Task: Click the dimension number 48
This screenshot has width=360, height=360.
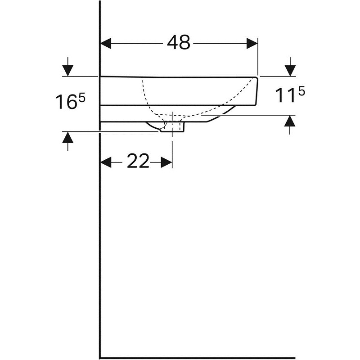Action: point(178,42)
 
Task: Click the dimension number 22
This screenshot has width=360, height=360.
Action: point(138,161)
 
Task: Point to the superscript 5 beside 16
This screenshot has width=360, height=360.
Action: point(82,99)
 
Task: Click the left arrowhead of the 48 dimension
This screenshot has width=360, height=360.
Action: point(106,43)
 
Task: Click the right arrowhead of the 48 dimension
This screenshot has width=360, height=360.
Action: point(252,43)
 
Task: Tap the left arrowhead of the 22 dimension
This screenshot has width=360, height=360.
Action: point(106,162)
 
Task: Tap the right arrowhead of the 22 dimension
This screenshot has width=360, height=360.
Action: point(166,162)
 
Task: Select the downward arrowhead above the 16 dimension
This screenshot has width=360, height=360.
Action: point(68,71)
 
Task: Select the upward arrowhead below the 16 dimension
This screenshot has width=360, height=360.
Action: point(68,138)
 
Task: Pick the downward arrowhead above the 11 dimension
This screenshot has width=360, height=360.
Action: point(290,71)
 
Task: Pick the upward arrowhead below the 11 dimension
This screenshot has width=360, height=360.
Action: point(290,121)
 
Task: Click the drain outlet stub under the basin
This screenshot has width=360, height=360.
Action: point(172,127)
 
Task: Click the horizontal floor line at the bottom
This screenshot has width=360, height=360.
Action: point(198,358)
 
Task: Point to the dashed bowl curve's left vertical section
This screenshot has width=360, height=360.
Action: point(144,92)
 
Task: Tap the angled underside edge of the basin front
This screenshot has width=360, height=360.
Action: point(221,114)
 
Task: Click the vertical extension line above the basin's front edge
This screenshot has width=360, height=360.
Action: point(258,57)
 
